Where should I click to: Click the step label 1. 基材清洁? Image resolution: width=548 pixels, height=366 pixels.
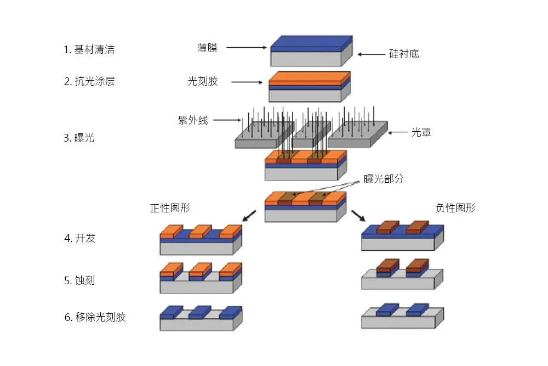coord(89,49)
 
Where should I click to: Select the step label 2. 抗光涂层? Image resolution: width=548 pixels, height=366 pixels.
coord(89,81)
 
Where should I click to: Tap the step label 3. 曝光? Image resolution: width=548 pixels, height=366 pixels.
coord(79,138)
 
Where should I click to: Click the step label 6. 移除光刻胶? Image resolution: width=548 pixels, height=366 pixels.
coord(95,317)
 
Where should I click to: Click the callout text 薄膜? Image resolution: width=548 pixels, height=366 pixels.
coord(207,48)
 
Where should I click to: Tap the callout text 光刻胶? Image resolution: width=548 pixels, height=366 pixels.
coord(203,81)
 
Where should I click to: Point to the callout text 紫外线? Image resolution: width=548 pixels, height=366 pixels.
coord(192,120)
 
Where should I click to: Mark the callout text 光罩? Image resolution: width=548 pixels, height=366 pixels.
coord(421,132)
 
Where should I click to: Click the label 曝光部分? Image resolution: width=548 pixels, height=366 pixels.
coord(384,179)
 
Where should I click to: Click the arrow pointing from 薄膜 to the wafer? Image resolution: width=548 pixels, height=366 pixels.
coord(246,48)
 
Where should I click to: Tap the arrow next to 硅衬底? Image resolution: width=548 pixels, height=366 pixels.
coord(372,54)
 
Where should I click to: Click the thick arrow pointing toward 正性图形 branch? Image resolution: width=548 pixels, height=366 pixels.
coord(249,215)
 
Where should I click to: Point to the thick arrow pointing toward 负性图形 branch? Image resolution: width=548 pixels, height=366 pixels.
coord(359,215)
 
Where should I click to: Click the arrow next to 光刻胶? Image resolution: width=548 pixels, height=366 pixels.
coord(247,83)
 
